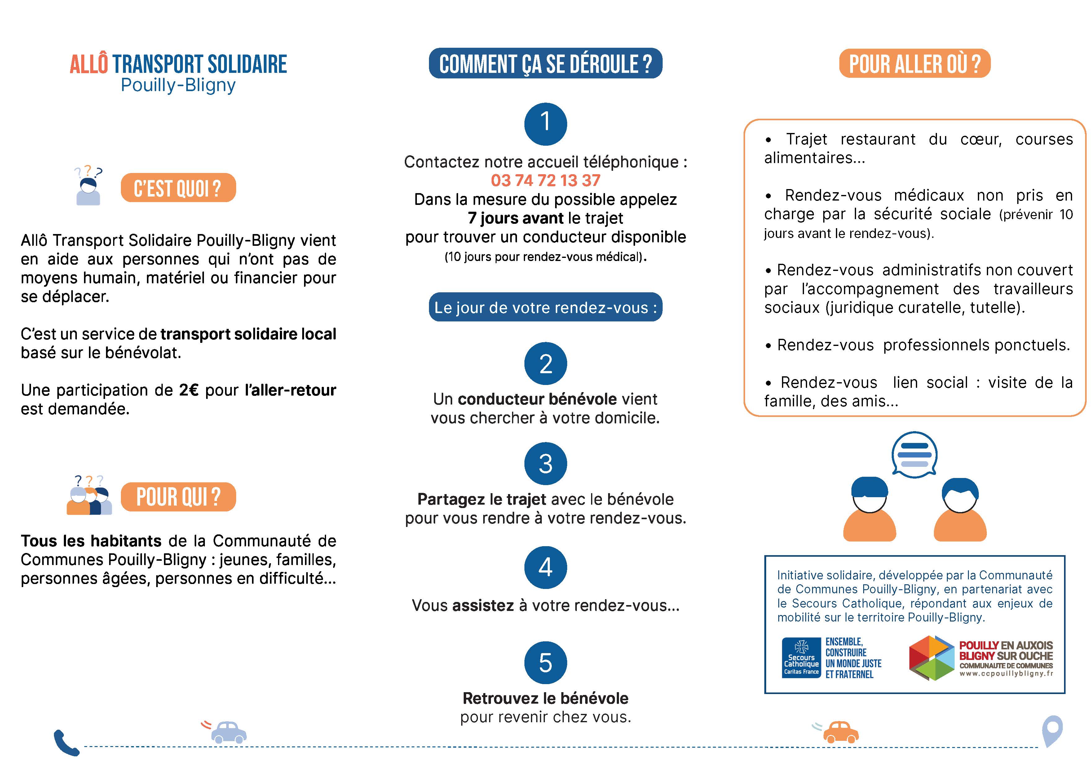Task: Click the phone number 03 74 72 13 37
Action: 545,181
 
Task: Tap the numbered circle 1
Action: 545,123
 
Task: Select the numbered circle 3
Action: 545,464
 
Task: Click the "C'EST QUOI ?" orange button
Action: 178,188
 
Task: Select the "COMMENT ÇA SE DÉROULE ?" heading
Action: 545,63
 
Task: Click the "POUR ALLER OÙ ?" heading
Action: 915,63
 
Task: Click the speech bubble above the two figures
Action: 914,454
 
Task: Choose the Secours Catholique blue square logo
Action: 801,658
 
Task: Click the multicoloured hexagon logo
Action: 931,658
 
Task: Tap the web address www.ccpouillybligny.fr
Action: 1006,674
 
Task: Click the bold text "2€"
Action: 189,390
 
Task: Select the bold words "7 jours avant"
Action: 515,218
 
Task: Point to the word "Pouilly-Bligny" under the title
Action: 178,85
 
